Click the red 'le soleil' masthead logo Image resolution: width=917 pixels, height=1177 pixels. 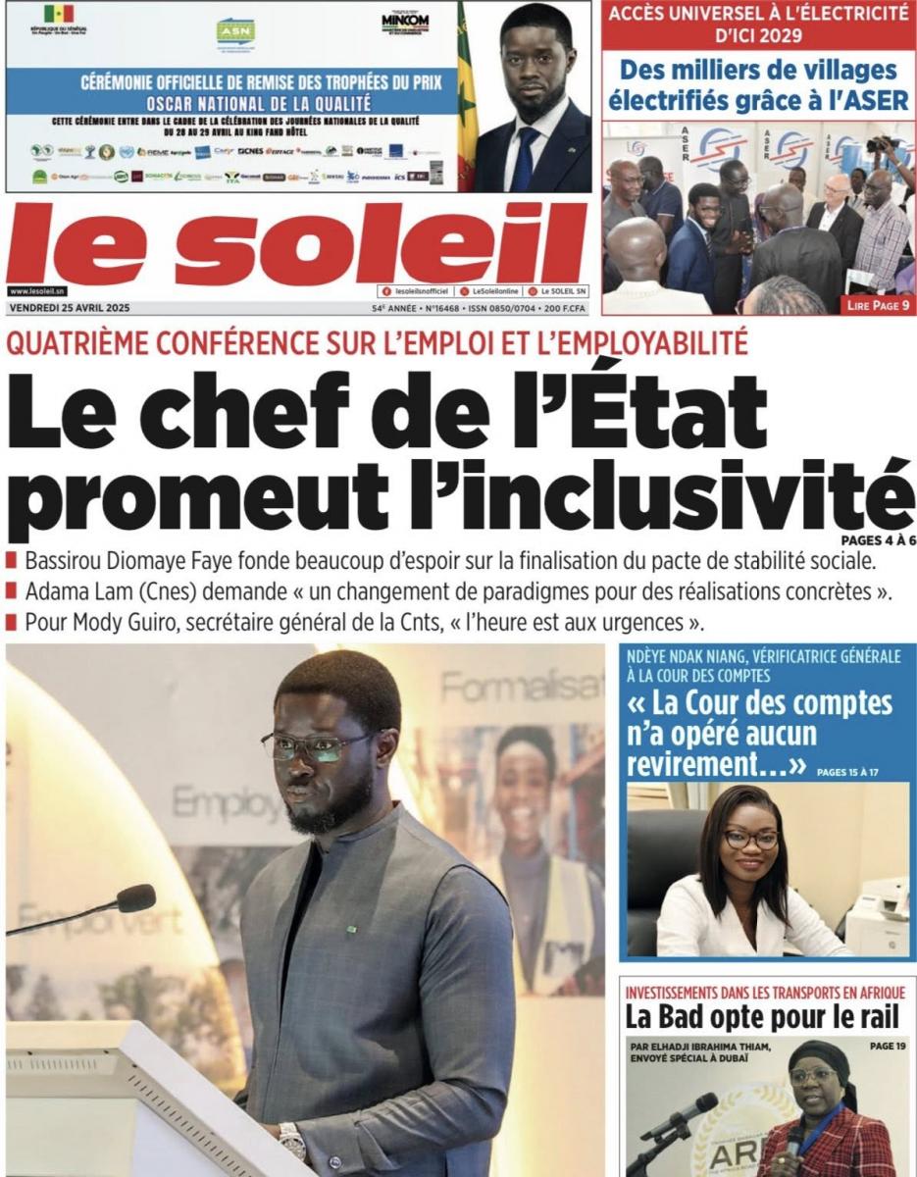point(294,245)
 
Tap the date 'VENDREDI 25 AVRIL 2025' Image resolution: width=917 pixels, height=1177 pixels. point(69,307)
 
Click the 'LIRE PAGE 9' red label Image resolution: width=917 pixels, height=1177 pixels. point(877,306)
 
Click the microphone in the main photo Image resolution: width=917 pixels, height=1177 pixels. point(134,897)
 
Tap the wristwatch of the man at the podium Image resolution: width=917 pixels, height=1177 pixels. point(291,1140)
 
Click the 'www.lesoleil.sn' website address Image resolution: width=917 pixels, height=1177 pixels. point(37,291)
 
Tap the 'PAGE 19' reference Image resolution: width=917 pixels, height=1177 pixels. point(888,1047)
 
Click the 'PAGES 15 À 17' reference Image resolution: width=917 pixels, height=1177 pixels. point(847,772)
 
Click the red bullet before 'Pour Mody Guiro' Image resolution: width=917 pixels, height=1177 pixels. point(11,622)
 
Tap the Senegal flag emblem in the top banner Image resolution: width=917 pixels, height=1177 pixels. point(58,14)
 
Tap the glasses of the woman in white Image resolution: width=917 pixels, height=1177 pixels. point(751,840)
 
